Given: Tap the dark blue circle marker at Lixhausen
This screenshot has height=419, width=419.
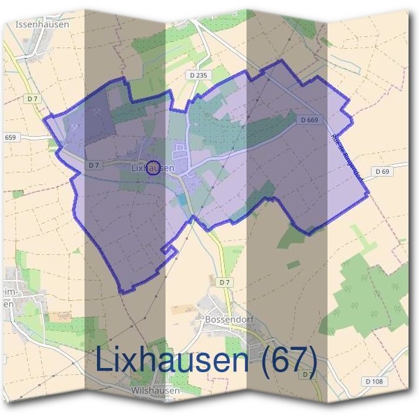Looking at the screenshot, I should (x=154, y=166).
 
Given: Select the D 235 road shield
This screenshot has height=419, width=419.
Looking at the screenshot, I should (x=198, y=75).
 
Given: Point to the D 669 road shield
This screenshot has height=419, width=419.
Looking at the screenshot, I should (x=310, y=120).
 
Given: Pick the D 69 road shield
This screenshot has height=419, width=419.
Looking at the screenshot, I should (x=381, y=171).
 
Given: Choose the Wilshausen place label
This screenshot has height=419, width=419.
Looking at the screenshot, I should (x=155, y=391).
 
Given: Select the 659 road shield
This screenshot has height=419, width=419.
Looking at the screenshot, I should (x=9, y=138).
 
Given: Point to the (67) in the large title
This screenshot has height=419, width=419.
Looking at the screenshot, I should (x=288, y=360).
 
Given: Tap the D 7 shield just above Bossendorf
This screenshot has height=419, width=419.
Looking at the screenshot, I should (x=223, y=282).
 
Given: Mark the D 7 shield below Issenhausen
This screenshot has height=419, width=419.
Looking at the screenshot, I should (x=33, y=99).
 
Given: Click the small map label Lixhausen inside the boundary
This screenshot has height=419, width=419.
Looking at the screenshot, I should (x=152, y=168).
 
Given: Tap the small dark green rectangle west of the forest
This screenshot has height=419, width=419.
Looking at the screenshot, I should (x=293, y=265).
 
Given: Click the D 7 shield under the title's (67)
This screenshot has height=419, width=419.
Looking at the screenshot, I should (x=307, y=376).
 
